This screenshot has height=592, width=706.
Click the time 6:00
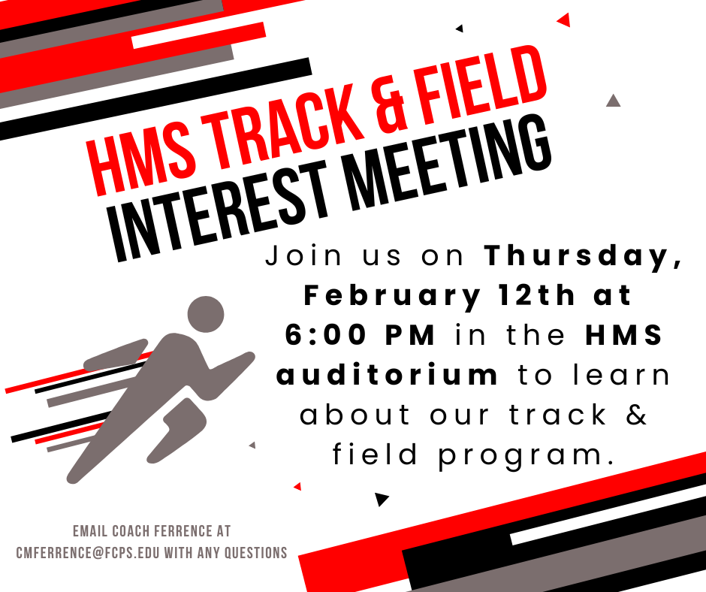click(325, 336)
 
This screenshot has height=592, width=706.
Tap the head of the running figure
click(206, 316)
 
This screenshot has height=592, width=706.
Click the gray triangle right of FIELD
click(613, 100)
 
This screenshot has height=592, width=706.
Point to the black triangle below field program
click(382, 499)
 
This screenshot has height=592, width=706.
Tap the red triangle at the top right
click(563, 20)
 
